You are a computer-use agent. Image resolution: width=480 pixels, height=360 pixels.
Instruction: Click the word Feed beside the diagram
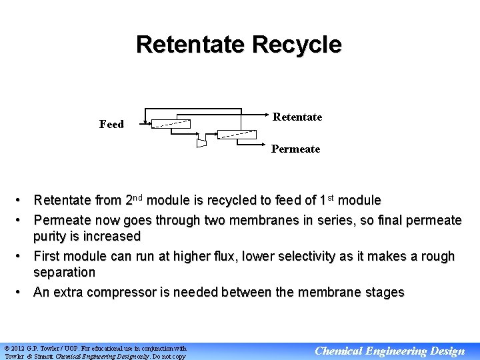click(111, 124)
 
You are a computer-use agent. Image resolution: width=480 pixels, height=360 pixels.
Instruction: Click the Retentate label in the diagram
click(297, 117)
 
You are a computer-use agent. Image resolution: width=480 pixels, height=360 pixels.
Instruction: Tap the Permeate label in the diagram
click(295, 149)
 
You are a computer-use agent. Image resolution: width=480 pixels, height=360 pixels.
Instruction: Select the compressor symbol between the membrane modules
click(201, 142)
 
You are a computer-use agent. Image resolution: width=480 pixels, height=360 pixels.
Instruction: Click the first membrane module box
click(171, 123)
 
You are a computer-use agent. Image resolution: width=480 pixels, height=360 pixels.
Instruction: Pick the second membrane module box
click(237, 134)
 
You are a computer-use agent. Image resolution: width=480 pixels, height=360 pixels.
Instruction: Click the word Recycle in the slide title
click(297, 45)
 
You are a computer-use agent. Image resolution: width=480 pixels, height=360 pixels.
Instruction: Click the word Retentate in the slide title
click(189, 45)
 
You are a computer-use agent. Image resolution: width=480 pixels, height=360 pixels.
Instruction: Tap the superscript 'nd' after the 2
click(137, 197)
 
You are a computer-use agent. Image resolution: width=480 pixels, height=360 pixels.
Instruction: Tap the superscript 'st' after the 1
click(327, 197)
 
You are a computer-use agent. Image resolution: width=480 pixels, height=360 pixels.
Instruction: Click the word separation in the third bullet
click(64, 272)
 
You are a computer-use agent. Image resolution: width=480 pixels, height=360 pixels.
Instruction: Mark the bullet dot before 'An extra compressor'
click(22, 292)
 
